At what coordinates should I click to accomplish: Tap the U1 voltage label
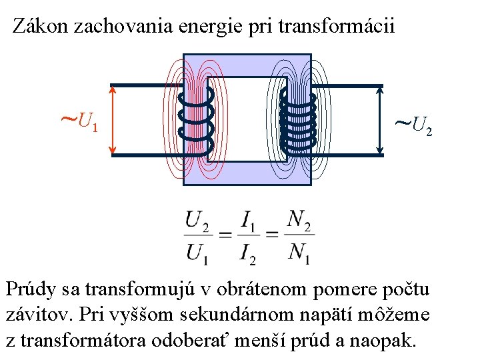tap(87, 122)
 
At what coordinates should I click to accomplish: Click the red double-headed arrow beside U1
tap(112, 120)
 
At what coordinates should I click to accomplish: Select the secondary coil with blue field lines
tap(298, 119)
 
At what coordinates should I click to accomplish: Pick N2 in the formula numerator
tap(298, 221)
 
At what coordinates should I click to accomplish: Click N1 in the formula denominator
tap(298, 252)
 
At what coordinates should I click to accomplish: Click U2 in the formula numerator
tap(197, 221)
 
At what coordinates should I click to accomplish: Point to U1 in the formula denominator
tap(197, 252)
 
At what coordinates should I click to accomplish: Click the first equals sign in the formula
tap(225, 235)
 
